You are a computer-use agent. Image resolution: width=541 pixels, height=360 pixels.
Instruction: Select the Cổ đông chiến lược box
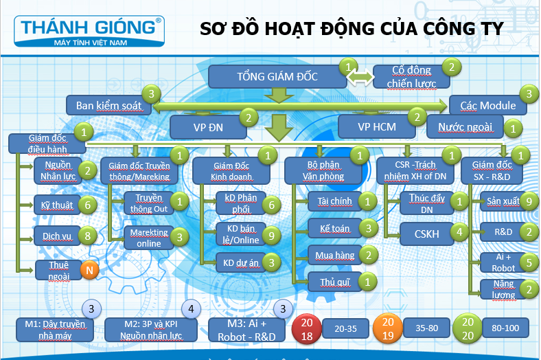tap(411, 77)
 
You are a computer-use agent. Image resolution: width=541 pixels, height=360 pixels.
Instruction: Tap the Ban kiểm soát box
tap(108, 106)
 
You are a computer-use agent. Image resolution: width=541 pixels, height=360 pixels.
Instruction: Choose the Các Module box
tap(487, 105)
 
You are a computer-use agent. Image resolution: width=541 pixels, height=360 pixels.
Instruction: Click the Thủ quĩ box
tap(331, 281)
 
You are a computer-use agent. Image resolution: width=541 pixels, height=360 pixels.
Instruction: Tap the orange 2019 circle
tap(387, 328)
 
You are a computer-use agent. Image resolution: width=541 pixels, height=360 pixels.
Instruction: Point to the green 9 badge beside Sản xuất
tap(528, 201)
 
